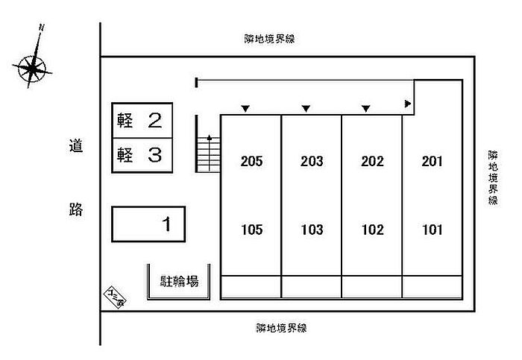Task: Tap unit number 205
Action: [252, 162]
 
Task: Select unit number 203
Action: [312, 162]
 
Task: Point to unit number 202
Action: [372, 162]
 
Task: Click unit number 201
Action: [433, 162]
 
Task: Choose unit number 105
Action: [252, 230]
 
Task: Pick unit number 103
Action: [312, 230]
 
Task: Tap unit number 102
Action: [372, 230]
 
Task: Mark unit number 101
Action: [433, 230]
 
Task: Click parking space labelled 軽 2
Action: [142, 120]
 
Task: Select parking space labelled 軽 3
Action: [142, 155]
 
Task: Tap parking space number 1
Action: [148, 224]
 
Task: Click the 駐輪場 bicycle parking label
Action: [179, 282]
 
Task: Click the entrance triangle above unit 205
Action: [245, 109]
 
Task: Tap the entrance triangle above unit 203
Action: [306, 109]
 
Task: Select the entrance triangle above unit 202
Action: [365, 109]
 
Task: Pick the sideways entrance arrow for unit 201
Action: [408, 104]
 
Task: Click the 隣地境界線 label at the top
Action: [269, 39]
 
